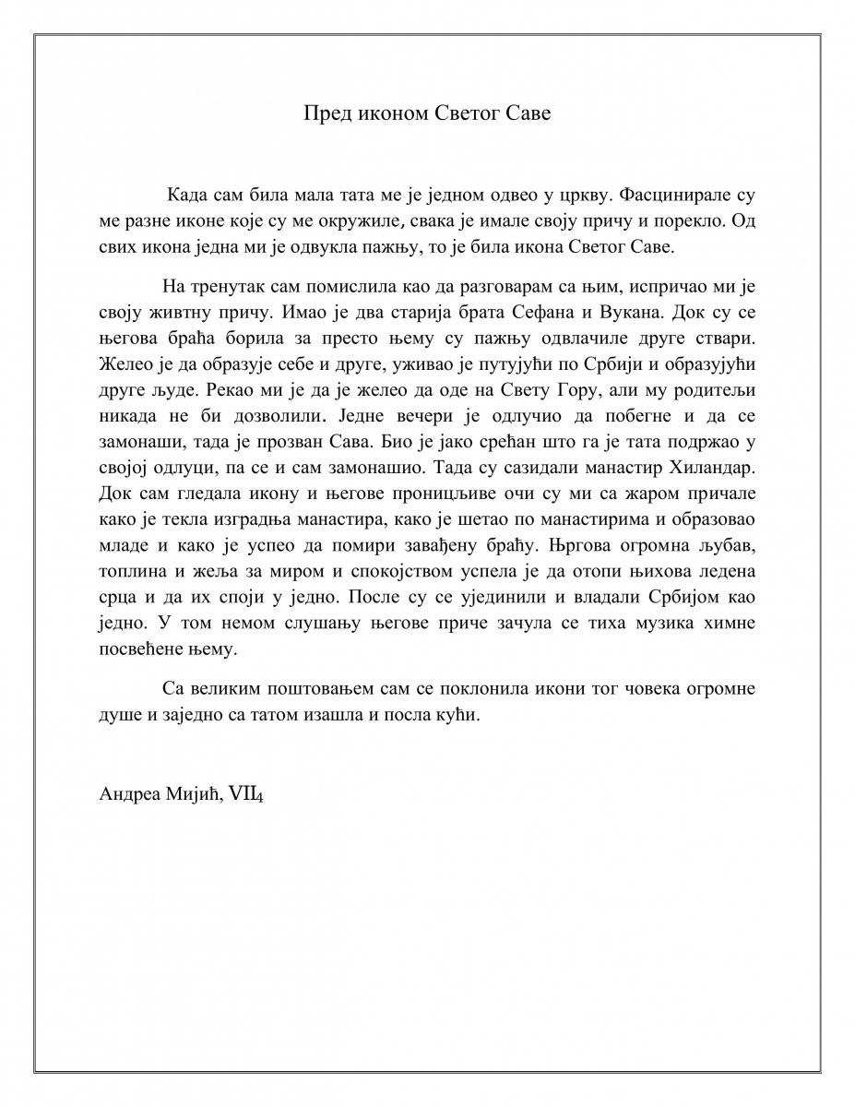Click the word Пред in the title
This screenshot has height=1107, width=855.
point(326,114)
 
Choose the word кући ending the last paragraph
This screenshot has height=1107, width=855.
point(462,715)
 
